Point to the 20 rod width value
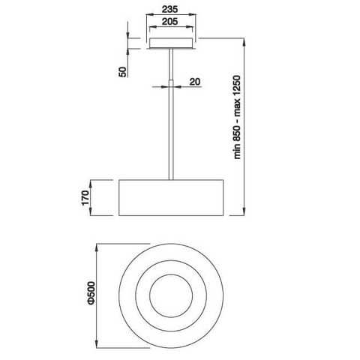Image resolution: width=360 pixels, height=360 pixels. (193, 82)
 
